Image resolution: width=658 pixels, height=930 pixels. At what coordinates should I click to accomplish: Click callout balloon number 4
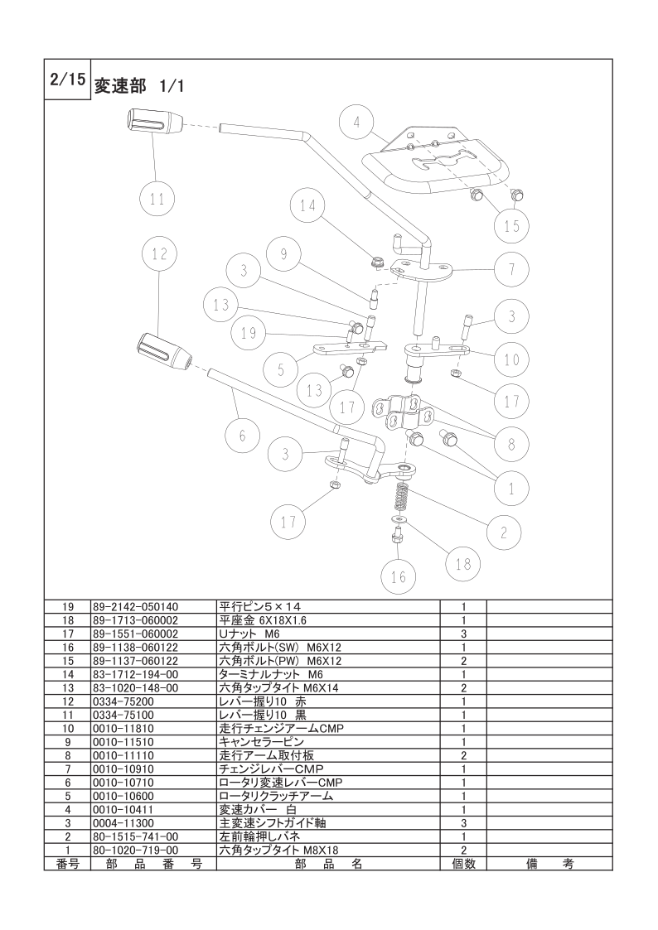tap(357, 123)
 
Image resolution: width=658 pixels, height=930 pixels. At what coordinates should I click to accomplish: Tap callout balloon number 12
tap(160, 256)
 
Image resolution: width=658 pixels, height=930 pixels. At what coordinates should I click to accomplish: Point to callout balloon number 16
tap(399, 577)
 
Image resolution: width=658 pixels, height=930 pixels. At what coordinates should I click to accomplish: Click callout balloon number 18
tap(462, 564)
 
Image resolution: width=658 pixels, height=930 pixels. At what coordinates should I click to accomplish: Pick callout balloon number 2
tap(504, 531)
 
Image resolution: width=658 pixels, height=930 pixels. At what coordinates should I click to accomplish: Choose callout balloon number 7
tap(512, 268)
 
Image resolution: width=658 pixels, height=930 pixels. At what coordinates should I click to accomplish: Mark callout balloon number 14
tap(308, 206)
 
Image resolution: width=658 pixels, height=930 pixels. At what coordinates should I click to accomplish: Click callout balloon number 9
tap(283, 255)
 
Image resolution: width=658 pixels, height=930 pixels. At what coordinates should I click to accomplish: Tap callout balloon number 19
tap(249, 334)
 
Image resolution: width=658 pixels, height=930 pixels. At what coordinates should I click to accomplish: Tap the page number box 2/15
tap(65, 80)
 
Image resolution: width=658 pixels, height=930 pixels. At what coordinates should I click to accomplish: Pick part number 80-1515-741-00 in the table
tap(133, 836)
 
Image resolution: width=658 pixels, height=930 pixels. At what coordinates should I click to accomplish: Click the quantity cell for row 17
tap(463, 634)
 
